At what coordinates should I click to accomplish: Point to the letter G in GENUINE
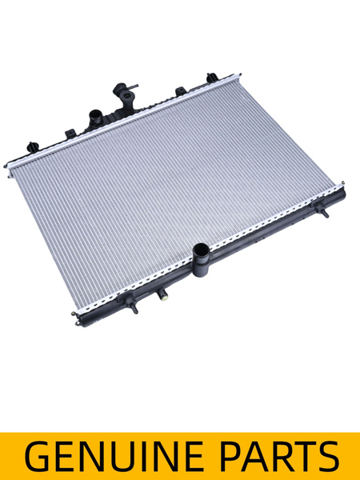click(x=37, y=456)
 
